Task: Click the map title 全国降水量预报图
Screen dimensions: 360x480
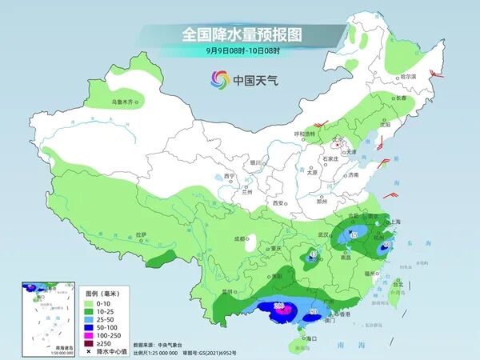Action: click(241, 34)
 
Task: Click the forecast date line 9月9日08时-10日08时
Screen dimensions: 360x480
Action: click(241, 51)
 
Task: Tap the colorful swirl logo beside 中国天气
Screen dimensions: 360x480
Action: click(219, 79)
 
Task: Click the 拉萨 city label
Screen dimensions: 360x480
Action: click(142, 234)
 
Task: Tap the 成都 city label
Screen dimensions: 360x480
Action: click(239, 238)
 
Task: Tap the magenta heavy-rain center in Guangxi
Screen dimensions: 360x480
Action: click(279, 307)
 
